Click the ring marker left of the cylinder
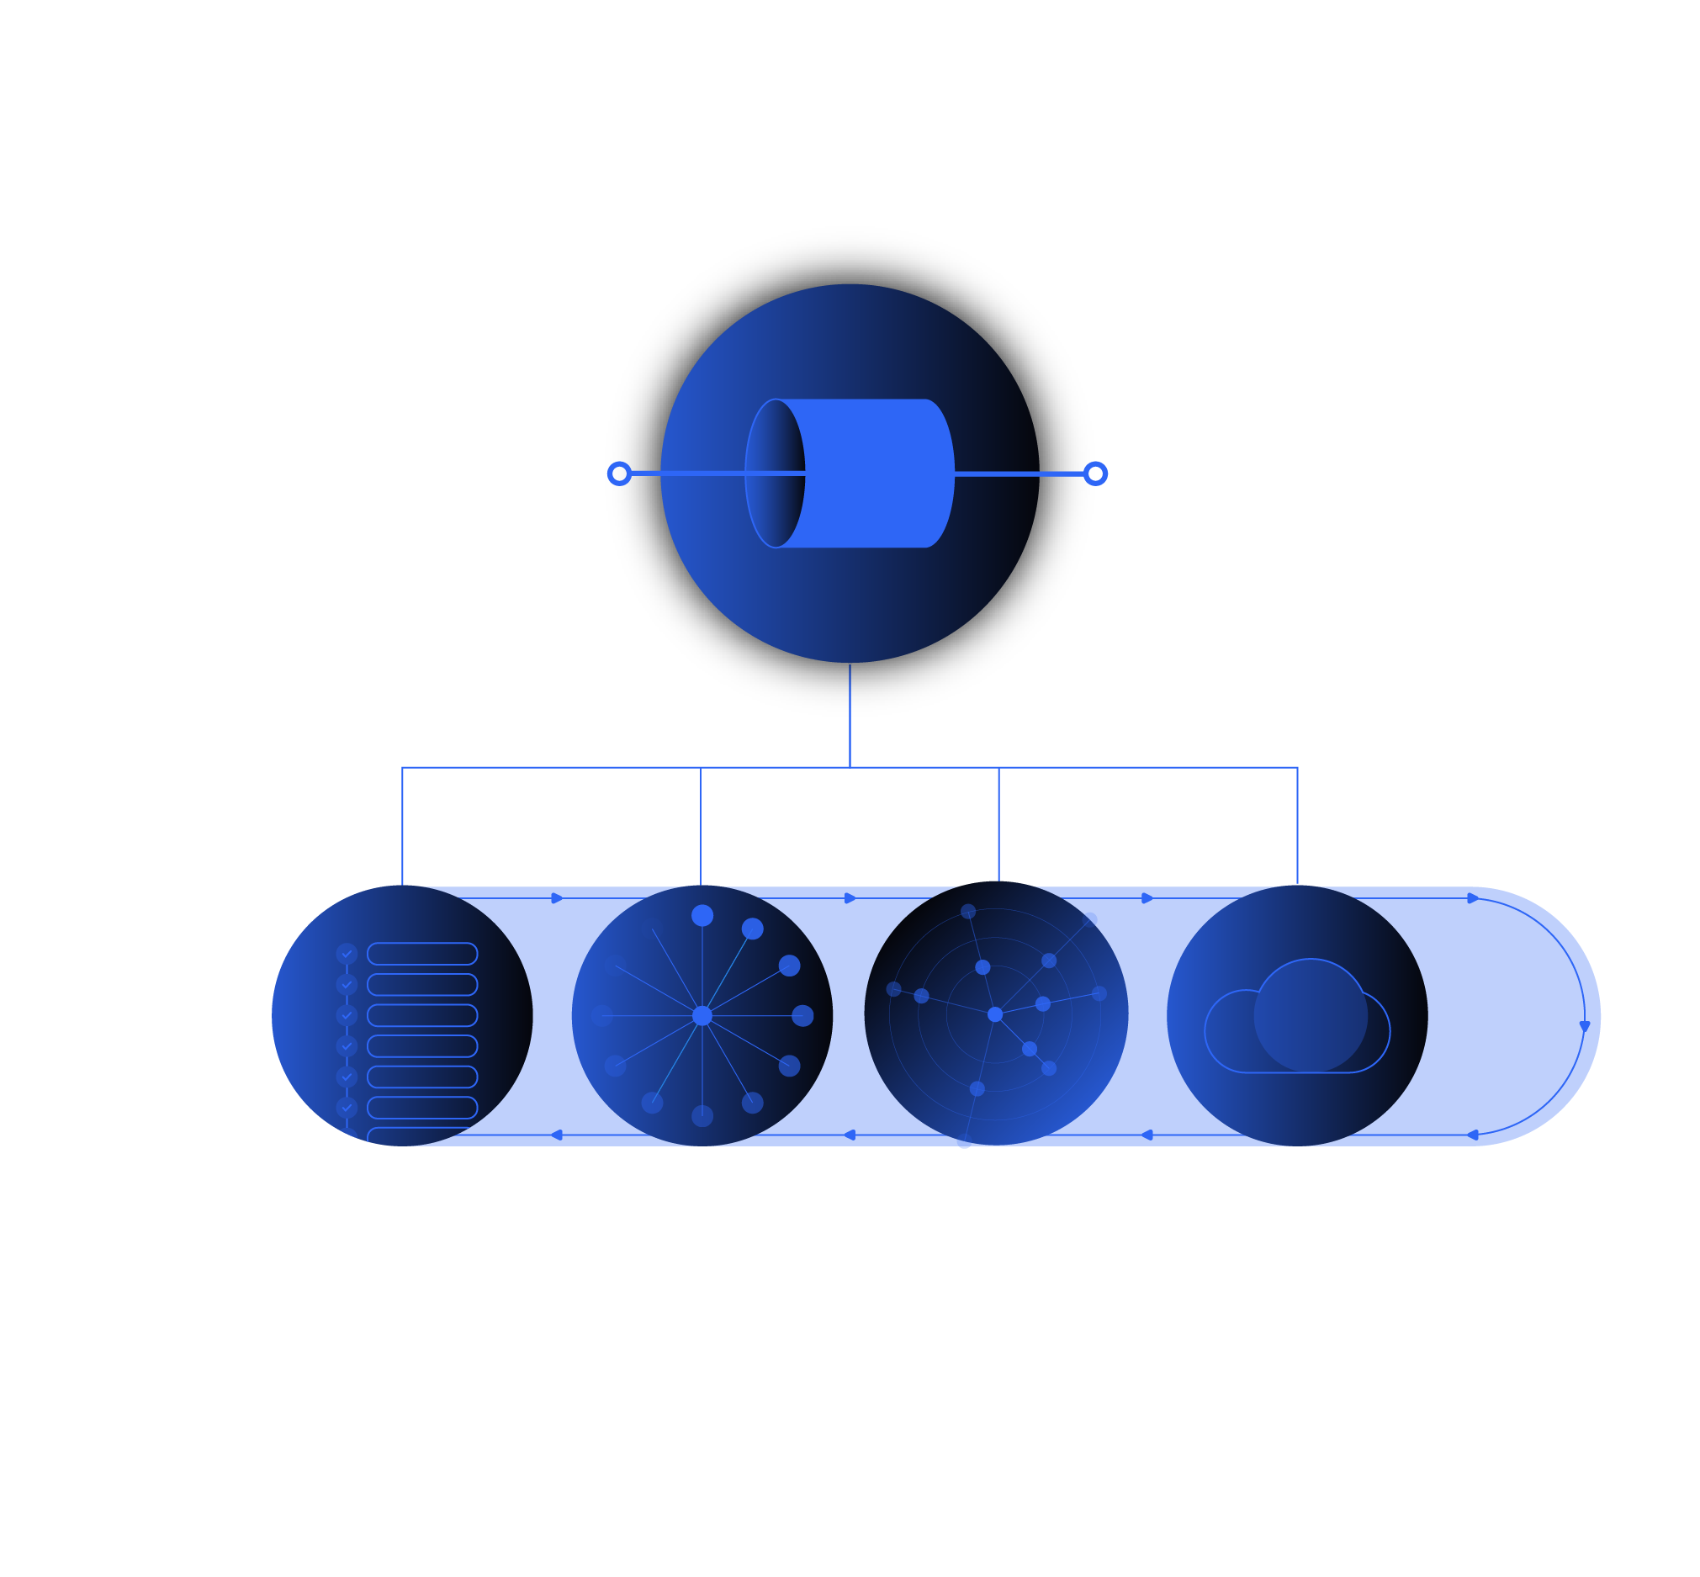coord(620,474)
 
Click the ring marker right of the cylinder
coord(1095,474)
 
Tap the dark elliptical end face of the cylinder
coord(775,474)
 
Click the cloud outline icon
coord(1296,1020)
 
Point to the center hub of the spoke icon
coord(702,1015)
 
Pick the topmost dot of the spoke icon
coord(702,916)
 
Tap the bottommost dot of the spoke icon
coord(702,1115)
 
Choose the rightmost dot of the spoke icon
coord(802,1015)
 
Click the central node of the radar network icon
coord(995,1014)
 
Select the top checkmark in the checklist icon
coord(347,954)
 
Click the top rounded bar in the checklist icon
coord(422,954)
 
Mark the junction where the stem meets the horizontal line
coord(850,767)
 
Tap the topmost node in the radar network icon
coord(968,912)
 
